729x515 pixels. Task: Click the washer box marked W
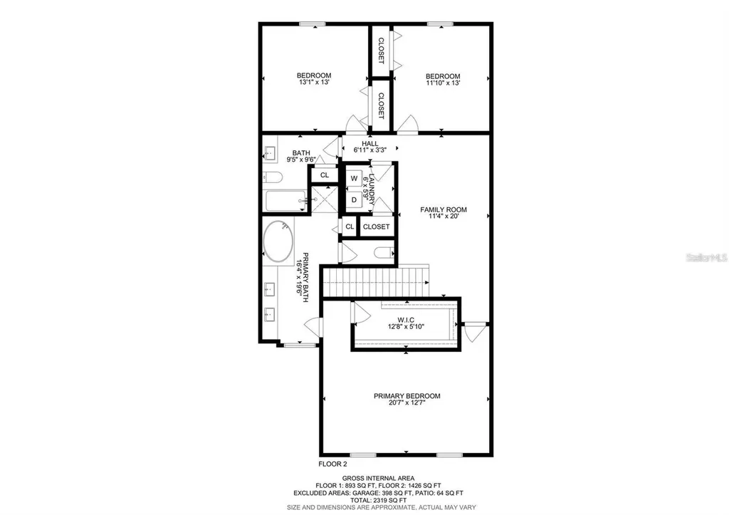[x=354, y=178]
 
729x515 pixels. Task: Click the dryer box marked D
[x=354, y=200]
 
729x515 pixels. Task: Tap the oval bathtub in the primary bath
[x=278, y=242]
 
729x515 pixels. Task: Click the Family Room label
[x=443, y=209]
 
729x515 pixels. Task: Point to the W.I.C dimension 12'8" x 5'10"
[x=406, y=327]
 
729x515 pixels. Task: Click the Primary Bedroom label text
[x=407, y=396]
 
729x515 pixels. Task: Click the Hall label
[x=369, y=143]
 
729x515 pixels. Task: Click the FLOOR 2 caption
[x=332, y=464]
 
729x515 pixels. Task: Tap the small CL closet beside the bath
[x=325, y=175]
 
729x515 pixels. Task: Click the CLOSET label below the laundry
[x=376, y=227]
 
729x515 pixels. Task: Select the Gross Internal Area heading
[x=378, y=478]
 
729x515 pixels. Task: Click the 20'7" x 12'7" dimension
[x=407, y=404]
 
